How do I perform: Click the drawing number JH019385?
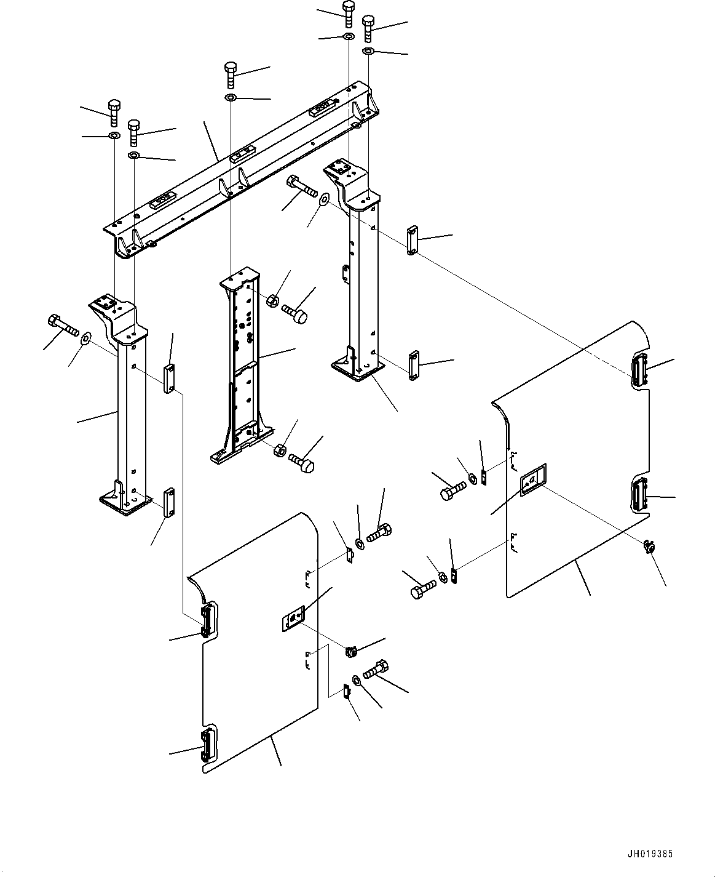650,851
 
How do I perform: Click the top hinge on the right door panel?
639,369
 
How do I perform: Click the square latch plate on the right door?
533,481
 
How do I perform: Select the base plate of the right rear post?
357,370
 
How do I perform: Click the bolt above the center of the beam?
231,75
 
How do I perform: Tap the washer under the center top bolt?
231,98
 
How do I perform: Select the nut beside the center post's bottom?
280,449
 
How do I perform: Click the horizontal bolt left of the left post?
63,326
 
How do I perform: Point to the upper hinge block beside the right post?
412,241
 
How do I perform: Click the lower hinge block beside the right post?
414,366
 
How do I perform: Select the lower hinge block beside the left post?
169,502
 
